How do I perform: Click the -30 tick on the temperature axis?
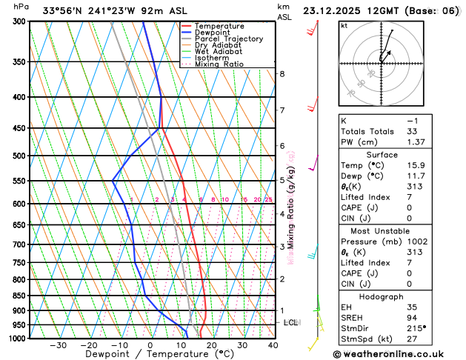point(58,345)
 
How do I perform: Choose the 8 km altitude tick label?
point(282,74)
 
